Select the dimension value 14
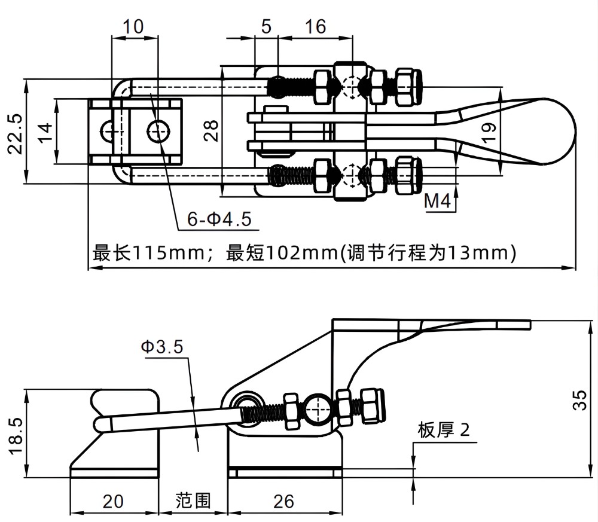pos(45,130)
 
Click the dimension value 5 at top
pos(266,26)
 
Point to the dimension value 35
pos(579,398)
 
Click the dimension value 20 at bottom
pos(113,500)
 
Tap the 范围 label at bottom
pos(193,500)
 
